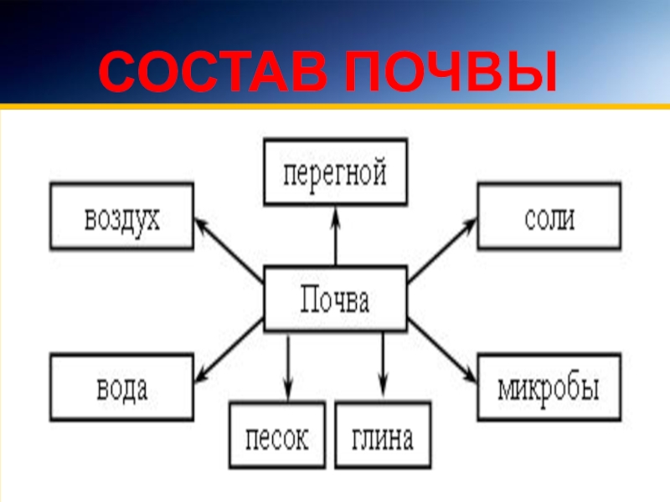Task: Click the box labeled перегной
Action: [x=335, y=173]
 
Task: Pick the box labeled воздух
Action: [x=121, y=218]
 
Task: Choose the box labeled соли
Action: [x=549, y=218]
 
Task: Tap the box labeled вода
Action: [x=121, y=387]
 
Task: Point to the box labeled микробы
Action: [x=549, y=387]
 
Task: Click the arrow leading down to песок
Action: [x=288, y=364]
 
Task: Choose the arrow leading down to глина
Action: [x=383, y=364]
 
